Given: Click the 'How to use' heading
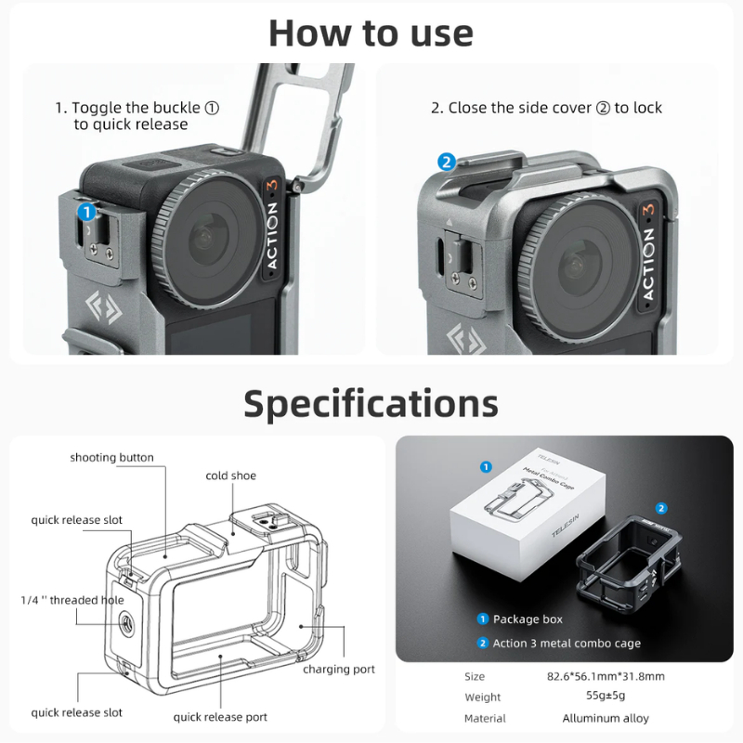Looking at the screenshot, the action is (371, 33).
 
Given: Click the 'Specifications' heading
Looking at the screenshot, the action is (371, 404).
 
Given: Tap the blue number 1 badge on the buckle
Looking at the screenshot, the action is (86, 212).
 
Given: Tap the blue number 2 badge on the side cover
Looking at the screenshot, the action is (447, 162).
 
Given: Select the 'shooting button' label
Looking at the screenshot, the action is (111, 457).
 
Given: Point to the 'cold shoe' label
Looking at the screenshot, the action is (230, 476).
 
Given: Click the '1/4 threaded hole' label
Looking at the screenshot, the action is (72, 600).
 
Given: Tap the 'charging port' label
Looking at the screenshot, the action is (339, 669).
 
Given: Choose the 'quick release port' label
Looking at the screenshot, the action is (220, 717).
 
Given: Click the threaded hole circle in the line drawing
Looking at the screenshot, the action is (126, 622).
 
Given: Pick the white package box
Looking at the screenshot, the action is (528, 515).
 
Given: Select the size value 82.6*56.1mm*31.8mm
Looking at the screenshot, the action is (606, 676).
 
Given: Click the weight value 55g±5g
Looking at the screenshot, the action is (606, 696).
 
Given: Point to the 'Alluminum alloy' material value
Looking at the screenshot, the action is (606, 718).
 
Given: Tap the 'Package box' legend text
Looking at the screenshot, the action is (528, 619).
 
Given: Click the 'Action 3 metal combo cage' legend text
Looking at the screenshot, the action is (567, 643).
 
